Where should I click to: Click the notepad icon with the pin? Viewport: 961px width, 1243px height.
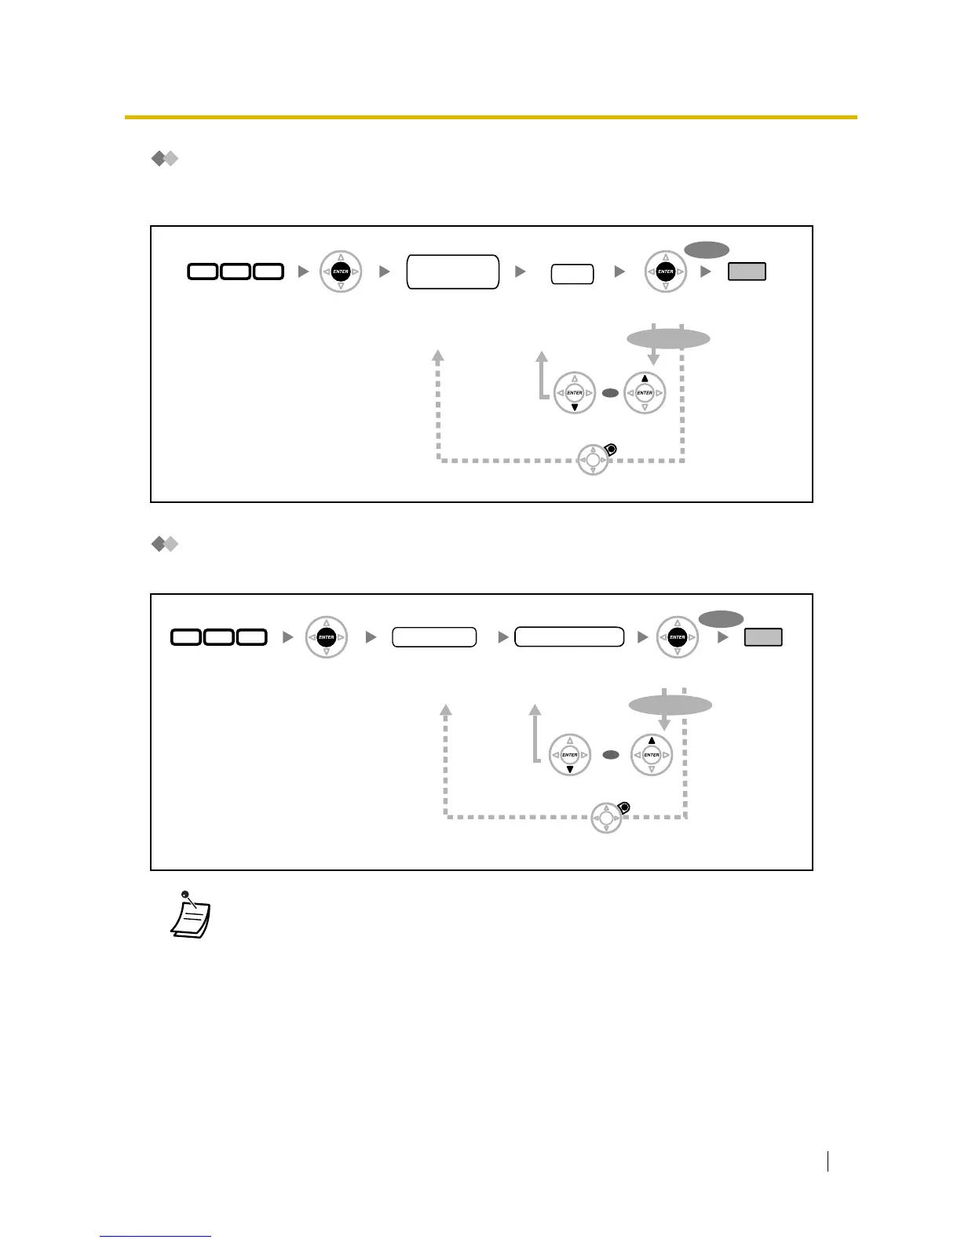pyautogui.click(x=191, y=916)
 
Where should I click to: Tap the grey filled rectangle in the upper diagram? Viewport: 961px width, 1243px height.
pyautogui.click(x=747, y=272)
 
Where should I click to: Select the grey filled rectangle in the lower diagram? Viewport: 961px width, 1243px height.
pyautogui.click(x=763, y=637)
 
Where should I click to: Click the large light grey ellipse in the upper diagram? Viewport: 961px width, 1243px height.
pyautogui.click(x=668, y=339)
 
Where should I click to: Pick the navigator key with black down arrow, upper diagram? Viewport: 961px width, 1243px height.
pyautogui.click(x=575, y=392)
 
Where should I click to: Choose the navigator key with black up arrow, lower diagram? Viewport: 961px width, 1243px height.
pyautogui.click(x=652, y=755)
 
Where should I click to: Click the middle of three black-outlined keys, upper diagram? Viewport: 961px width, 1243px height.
pyautogui.click(x=236, y=272)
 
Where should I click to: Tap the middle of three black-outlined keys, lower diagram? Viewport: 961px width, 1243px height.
pyautogui.click(x=218, y=637)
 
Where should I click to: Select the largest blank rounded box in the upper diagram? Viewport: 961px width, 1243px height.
pyautogui.click(x=453, y=272)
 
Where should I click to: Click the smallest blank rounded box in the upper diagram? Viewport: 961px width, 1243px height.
pyautogui.click(x=572, y=274)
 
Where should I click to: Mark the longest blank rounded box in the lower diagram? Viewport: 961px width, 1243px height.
pyautogui.click(x=569, y=637)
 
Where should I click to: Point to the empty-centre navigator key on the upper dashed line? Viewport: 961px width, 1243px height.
pyautogui.click(x=594, y=460)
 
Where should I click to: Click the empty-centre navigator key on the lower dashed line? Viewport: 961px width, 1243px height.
pyautogui.click(x=606, y=818)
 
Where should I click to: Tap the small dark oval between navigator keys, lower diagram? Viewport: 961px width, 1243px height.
pyautogui.click(x=611, y=755)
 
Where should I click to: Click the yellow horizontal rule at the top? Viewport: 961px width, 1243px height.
pyautogui.click(x=491, y=118)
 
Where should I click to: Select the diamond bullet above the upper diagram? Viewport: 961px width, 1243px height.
pyautogui.click(x=165, y=159)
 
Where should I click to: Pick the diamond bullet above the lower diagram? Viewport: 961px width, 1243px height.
pyautogui.click(x=165, y=544)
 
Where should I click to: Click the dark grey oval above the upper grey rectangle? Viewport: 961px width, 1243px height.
pyautogui.click(x=707, y=250)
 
